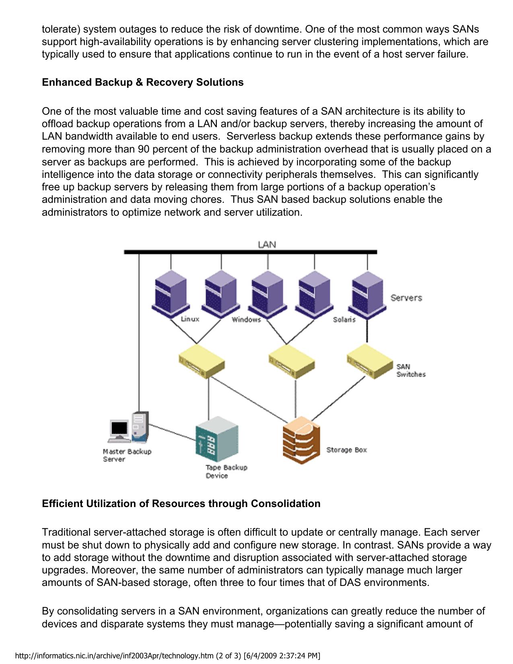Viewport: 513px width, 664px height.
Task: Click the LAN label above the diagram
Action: (267, 245)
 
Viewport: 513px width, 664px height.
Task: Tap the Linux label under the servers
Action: (190, 319)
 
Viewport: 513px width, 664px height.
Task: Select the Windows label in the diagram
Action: (246, 320)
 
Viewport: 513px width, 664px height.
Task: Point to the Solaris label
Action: (344, 320)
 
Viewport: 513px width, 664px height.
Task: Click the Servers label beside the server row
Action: (406, 298)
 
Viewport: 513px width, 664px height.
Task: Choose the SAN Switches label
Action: (411, 370)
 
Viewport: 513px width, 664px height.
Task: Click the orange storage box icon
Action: (301, 440)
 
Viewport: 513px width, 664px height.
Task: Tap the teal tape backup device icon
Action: (216, 439)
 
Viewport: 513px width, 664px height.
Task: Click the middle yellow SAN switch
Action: (291, 361)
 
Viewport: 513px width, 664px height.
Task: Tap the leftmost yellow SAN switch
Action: (202, 361)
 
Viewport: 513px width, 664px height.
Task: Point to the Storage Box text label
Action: (346, 450)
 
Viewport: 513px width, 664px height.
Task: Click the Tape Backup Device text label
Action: (226, 472)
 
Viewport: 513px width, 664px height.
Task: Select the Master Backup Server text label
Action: (127, 455)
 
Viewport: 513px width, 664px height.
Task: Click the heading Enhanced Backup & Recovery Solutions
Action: (143, 82)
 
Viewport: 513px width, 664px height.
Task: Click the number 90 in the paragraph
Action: (144, 149)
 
